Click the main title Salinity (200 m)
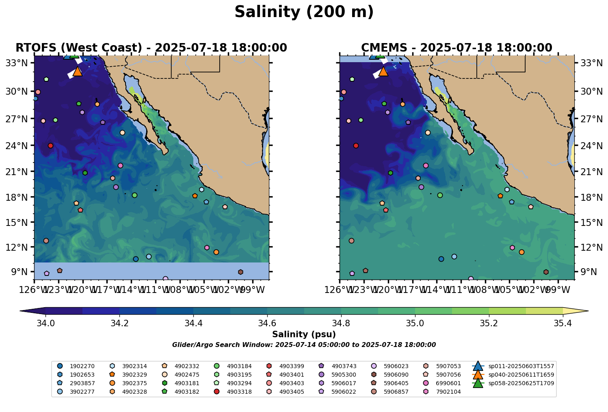[x=304, y=12]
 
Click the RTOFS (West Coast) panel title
[x=151, y=48]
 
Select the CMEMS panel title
[x=457, y=48]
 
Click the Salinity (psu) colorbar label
[x=304, y=334]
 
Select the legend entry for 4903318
[x=238, y=392]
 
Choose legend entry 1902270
[x=81, y=366]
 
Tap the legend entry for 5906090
[x=395, y=375]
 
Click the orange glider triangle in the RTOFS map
[x=78, y=72]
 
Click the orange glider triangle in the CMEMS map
[x=383, y=72]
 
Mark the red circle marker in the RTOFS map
[x=50, y=145]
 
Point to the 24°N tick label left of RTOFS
[x=20, y=145]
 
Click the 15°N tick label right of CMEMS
[x=587, y=222]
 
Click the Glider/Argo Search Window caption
[x=304, y=345]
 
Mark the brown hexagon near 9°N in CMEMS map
[x=546, y=272]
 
